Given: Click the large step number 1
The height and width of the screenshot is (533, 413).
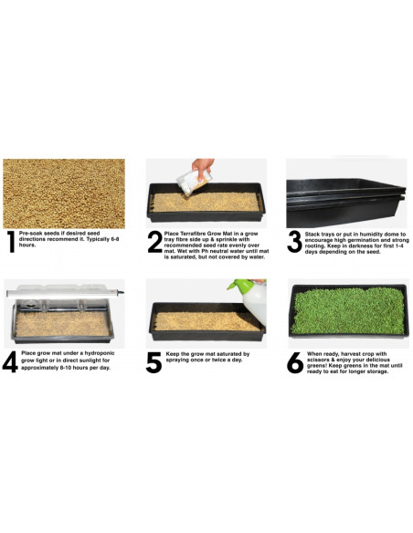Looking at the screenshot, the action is pyautogui.click(x=12, y=242).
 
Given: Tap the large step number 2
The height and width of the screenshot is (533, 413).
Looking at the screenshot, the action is pyautogui.click(x=154, y=242).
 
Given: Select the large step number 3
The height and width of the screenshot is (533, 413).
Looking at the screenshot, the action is pyautogui.click(x=294, y=242).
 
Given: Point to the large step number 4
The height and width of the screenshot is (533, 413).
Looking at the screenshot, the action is pyautogui.click(x=10, y=362).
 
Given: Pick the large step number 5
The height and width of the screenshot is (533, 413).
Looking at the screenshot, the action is pyautogui.click(x=154, y=362).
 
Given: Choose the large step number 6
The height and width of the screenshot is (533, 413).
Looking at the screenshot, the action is pyautogui.click(x=294, y=362).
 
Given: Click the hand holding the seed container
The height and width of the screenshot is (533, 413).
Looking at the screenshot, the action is pyautogui.click(x=202, y=167).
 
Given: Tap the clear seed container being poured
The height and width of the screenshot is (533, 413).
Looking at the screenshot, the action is pyautogui.click(x=193, y=183).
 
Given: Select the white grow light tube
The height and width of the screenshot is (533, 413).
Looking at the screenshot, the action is pyautogui.click(x=64, y=292).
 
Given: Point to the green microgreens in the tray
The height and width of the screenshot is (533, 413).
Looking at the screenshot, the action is pyautogui.click(x=348, y=310).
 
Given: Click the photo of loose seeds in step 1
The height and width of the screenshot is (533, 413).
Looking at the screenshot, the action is pyautogui.click(x=64, y=193).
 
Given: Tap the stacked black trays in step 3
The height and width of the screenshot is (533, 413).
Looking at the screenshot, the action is pyautogui.click(x=346, y=203).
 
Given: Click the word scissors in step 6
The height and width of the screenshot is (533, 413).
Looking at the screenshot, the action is pyautogui.click(x=318, y=360).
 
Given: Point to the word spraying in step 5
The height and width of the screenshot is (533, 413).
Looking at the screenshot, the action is pyautogui.click(x=176, y=360).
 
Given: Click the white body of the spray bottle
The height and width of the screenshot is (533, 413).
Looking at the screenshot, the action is pyautogui.click(x=255, y=303).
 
